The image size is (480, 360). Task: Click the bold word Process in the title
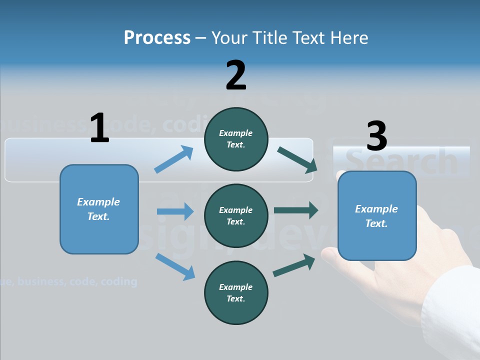tap(157, 37)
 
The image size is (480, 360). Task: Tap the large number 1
tap(99, 128)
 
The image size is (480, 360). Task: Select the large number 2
tap(236, 75)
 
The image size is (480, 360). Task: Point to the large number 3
tap(376, 136)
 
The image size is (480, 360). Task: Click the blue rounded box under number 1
tap(99, 209)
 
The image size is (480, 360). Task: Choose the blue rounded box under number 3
tap(376, 216)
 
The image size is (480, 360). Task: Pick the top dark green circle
tap(236, 139)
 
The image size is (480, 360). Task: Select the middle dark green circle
tap(236, 216)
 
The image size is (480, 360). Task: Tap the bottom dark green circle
tap(236, 293)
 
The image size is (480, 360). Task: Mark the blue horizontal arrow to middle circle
tap(175, 211)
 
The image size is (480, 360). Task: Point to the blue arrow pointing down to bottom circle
tap(175, 266)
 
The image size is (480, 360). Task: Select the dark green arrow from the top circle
tap(297, 159)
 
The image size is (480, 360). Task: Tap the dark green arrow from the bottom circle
tap(294, 265)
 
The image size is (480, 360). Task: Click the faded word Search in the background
tap(402, 161)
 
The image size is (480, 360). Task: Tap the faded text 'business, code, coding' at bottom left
tap(75, 281)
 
